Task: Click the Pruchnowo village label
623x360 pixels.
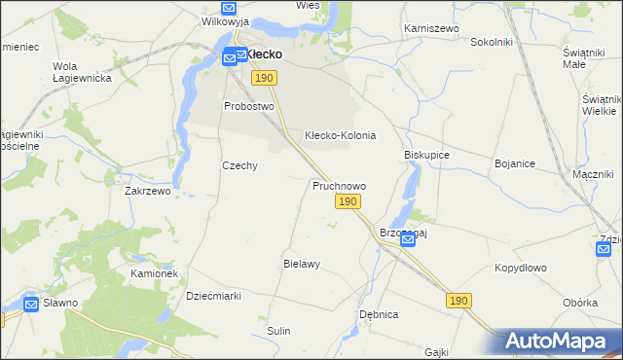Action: pos(339,185)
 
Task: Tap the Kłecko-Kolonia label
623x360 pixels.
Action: pos(340,135)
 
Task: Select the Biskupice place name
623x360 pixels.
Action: pos(426,155)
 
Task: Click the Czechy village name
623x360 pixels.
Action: pos(239,165)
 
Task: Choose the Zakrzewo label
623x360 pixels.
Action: pos(147,192)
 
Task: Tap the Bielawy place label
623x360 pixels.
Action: pos(302,264)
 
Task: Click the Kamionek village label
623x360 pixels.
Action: pos(154,274)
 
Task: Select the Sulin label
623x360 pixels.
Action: pos(278,331)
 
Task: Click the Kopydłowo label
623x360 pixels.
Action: pos(524,267)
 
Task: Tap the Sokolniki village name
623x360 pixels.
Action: pos(491,43)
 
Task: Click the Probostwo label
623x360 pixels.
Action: pos(249,106)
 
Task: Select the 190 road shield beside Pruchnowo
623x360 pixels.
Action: pos(348,201)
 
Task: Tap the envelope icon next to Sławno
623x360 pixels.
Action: pos(31,305)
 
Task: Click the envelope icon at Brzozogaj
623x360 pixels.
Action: pos(408,240)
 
